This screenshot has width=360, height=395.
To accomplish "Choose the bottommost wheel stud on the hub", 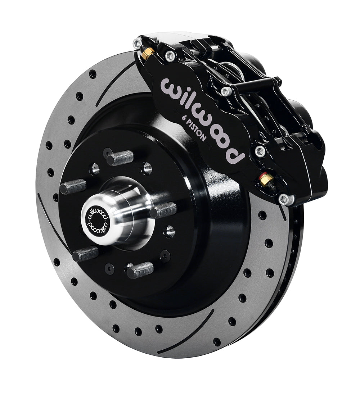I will click(x=140, y=269).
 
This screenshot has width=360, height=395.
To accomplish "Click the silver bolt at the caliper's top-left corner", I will click(x=137, y=44).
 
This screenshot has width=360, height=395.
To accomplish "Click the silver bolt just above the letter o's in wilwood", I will click(x=226, y=91).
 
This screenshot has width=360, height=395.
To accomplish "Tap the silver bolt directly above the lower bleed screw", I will click(x=260, y=151).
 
